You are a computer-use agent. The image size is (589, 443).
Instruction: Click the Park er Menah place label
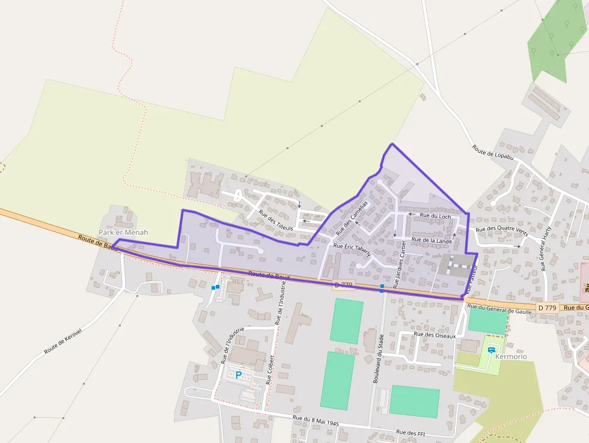pyautogui.click(x=123, y=232)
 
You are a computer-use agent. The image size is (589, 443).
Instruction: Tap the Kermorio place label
pyautogui.click(x=511, y=356)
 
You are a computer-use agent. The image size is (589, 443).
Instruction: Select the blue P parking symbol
pyautogui.click(x=239, y=375)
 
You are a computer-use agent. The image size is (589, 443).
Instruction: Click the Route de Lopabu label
pyautogui.click(x=493, y=152)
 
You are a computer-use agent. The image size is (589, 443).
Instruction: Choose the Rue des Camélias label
pyautogui.click(x=352, y=216)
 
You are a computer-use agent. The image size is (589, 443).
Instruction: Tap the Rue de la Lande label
pyautogui.click(x=432, y=240)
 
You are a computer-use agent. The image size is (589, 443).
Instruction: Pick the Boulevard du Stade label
pyautogui.click(x=377, y=360)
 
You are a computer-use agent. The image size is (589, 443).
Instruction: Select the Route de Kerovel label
pyautogui.click(x=63, y=343)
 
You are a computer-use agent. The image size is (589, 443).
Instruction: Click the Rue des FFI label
pyautogui.click(x=410, y=432)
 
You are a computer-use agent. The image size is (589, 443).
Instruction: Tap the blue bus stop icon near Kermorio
pyautogui.click(x=492, y=350)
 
